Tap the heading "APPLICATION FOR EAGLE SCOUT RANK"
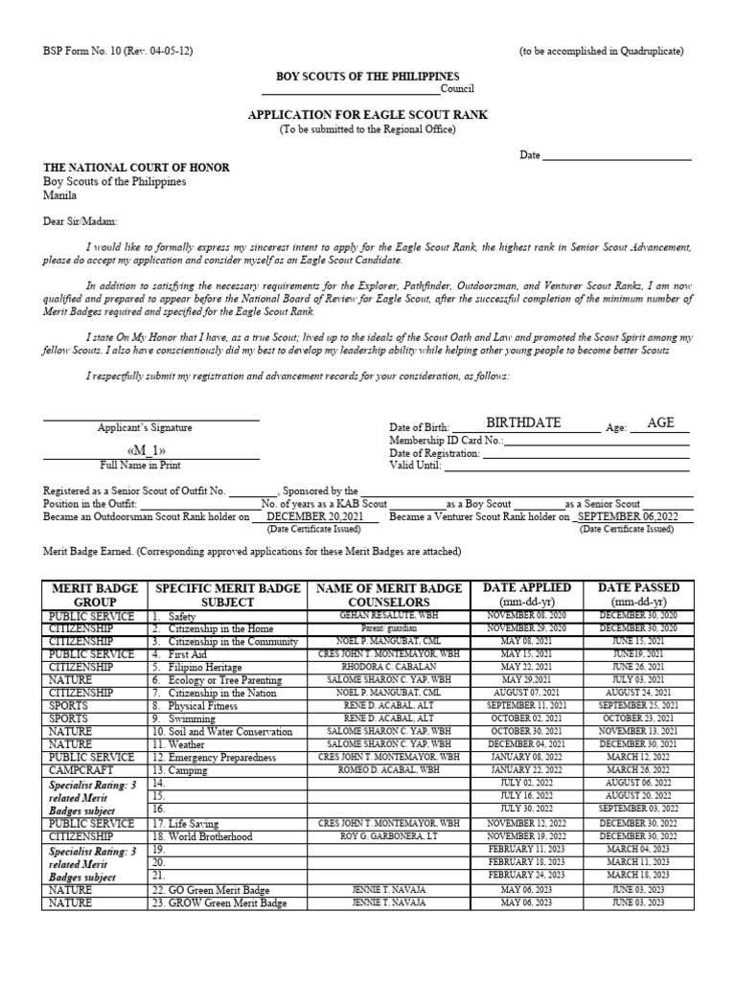coord(368,115)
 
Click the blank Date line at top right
coord(617,156)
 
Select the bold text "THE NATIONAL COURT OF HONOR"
coord(136,168)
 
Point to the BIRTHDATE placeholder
coord(523,423)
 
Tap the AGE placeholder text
coord(661,423)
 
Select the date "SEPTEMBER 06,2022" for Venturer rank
coord(633,516)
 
